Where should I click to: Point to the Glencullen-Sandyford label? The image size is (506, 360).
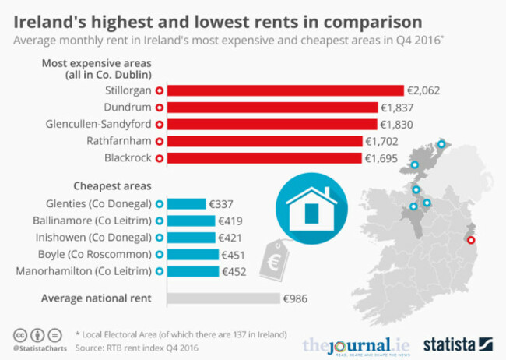point(98,125)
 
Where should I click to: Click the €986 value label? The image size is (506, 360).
point(297,298)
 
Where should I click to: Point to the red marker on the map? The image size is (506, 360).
point(469,241)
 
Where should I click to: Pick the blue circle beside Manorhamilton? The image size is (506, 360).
point(160,272)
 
